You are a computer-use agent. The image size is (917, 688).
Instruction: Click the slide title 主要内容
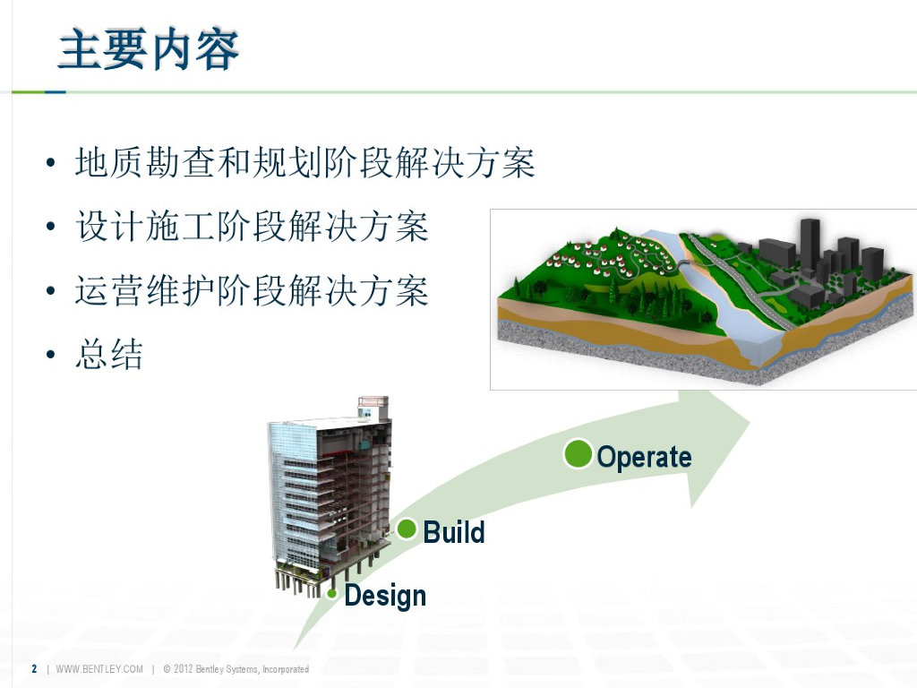point(149,49)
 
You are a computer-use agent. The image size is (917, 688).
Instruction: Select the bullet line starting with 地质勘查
point(304,162)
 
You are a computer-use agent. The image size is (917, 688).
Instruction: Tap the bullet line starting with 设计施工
point(252,227)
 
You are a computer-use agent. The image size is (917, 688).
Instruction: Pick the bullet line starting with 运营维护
point(252,290)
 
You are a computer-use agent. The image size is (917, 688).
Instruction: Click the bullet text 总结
point(108,354)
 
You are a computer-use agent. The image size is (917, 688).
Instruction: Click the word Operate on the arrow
point(645,457)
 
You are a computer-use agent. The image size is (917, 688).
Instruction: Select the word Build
point(454,532)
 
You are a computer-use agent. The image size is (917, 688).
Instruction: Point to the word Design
point(385,596)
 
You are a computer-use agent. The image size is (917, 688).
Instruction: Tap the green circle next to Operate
point(578,454)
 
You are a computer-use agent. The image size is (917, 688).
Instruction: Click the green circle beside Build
point(407,529)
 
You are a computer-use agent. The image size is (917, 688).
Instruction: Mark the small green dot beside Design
point(331,594)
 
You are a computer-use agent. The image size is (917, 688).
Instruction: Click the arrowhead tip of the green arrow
point(750,421)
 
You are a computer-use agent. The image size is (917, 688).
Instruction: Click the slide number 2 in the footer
point(34,668)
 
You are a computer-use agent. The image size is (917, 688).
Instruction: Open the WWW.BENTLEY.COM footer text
point(99,668)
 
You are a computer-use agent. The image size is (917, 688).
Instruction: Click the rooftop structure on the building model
point(373,408)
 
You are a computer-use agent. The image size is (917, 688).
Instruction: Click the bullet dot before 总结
point(51,354)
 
